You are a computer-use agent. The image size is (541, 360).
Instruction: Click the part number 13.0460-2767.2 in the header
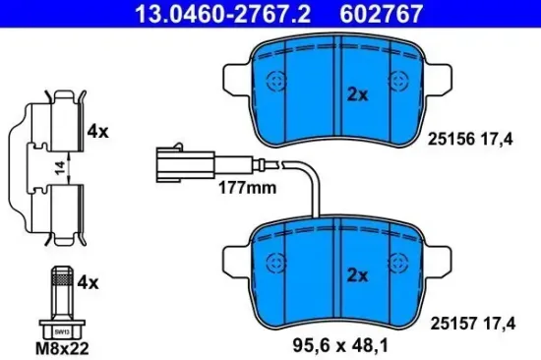tap(223, 14)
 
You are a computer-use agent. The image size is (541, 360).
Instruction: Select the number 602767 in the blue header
tap(381, 14)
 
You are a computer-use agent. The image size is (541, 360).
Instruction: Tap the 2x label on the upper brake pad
tap(357, 94)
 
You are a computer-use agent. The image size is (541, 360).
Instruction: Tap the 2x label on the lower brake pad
tap(357, 275)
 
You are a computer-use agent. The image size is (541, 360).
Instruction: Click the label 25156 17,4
tap(470, 140)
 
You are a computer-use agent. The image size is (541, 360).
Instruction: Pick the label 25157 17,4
tap(473, 324)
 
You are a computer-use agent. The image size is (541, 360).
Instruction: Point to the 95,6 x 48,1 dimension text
tap(340, 345)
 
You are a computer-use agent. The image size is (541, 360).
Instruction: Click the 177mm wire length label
tap(247, 188)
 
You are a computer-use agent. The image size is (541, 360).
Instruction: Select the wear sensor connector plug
tap(186, 163)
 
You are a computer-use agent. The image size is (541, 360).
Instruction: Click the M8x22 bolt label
tap(62, 348)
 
